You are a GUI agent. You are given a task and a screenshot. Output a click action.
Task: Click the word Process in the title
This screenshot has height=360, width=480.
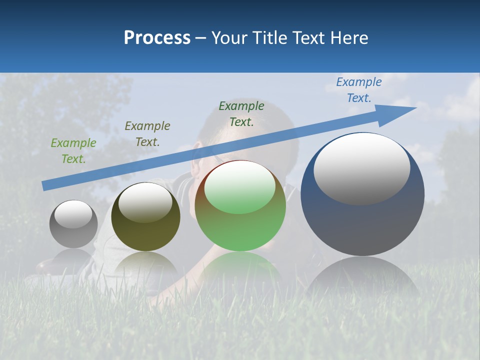(x=157, y=37)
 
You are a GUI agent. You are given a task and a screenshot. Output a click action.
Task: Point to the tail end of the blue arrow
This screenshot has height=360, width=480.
(x=45, y=186)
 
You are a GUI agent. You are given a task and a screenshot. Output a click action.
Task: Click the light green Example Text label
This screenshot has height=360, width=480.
(x=73, y=150)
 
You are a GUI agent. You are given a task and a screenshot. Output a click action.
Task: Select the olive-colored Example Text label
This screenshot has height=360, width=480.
(x=147, y=133)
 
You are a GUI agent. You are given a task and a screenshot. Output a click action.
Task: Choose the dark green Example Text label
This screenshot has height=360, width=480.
(x=241, y=113)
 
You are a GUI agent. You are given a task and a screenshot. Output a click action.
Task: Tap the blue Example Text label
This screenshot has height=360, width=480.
(x=358, y=89)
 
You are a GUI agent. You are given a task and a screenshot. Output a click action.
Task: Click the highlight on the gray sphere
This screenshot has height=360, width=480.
(x=73, y=214)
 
